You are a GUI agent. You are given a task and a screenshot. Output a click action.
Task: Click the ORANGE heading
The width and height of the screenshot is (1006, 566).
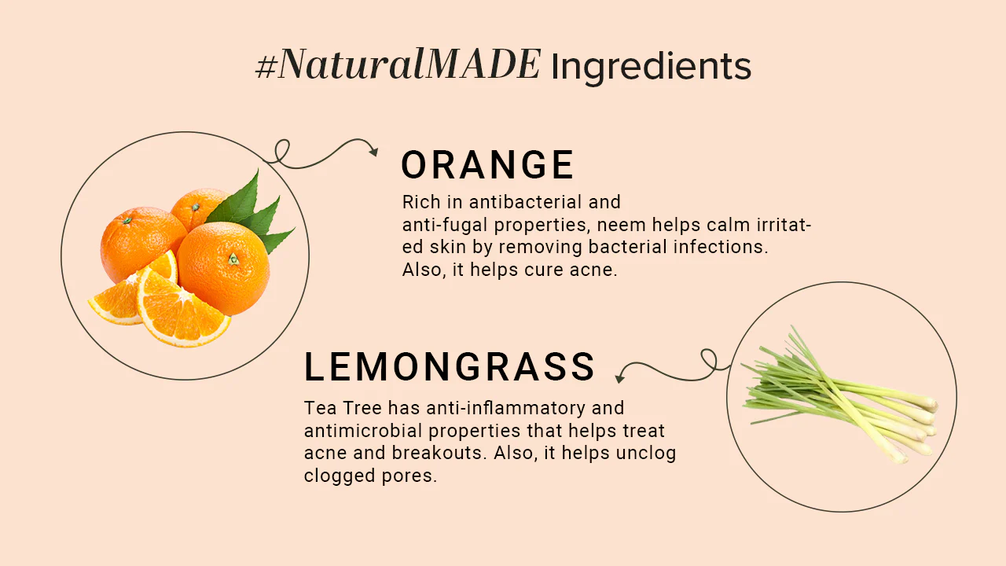(487, 166)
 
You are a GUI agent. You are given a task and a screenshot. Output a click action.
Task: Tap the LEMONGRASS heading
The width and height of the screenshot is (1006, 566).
(450, 367)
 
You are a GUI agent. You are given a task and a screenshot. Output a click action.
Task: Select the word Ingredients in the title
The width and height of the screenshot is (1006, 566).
(651, 68)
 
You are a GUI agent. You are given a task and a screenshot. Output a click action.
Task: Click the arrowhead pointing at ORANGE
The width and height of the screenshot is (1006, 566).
(373, 152)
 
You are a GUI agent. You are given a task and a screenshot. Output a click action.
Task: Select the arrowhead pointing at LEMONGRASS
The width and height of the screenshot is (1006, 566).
(619, 378)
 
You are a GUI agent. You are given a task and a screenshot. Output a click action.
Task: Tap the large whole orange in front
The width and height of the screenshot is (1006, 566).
(223, 268)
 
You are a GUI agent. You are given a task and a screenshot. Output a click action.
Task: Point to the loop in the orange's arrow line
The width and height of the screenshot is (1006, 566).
(282, 151)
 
